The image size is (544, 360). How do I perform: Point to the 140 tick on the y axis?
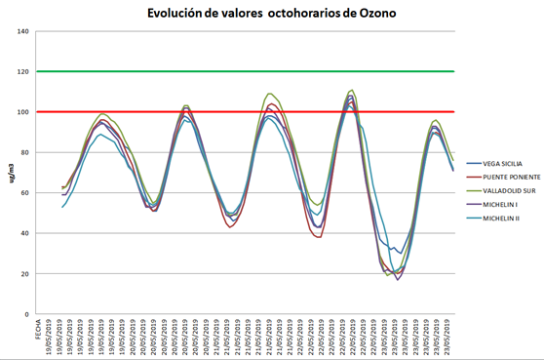(22, 31)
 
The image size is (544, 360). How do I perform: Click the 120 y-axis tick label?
(22, 71)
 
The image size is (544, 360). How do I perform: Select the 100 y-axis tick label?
(22, 112)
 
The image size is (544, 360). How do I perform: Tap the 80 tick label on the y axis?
(24, 152)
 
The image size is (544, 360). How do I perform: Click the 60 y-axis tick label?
(24, 193)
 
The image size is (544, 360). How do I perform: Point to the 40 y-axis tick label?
(24, 233)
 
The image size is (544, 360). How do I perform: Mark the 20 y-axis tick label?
(24, 274)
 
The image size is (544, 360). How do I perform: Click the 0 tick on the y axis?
(26, 314)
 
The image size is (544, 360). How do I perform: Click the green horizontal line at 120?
(244, 71)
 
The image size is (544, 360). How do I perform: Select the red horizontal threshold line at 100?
(244, 112)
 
